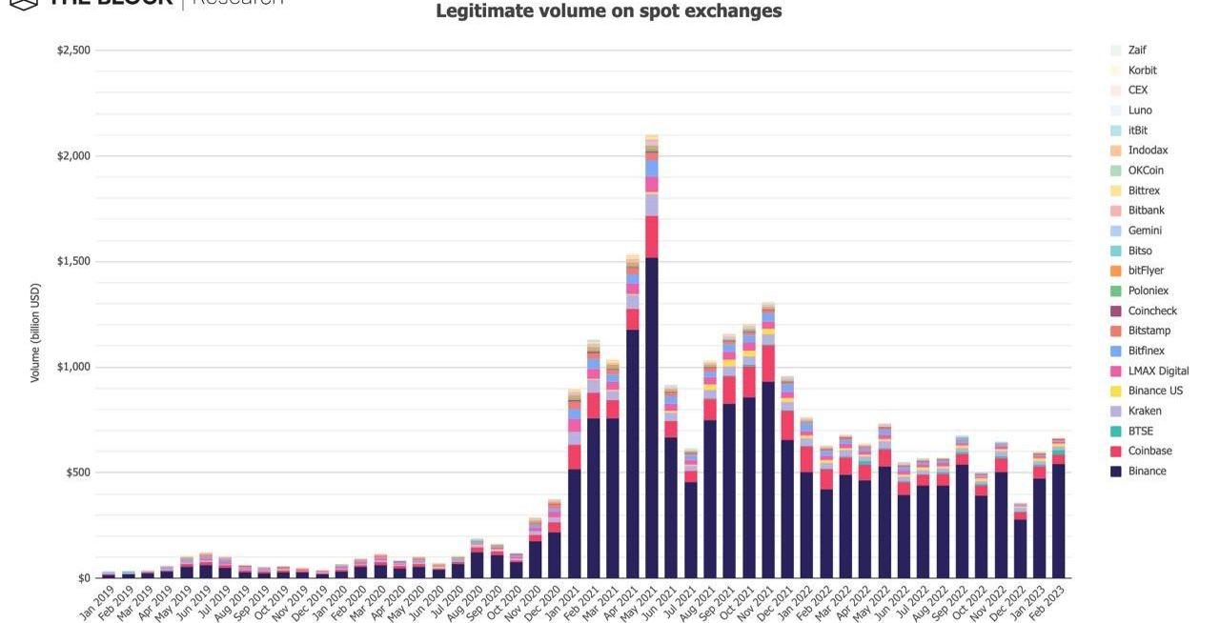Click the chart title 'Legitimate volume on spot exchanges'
tap(608, 11)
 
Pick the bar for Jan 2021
tap(575, 524)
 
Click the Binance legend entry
tap(1147, 472)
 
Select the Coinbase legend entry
tap(1149, 452)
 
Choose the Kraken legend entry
tap(1144, 412)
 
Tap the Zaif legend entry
tap(1137, 50)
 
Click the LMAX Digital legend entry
tap(1158, 372)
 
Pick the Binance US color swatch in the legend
tap(1116, 392)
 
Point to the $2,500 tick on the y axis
tap(73, 50)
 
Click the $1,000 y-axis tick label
tap(73, 368)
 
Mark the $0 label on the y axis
tap(84, 578)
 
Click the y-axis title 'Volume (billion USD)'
tap(35, 332)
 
